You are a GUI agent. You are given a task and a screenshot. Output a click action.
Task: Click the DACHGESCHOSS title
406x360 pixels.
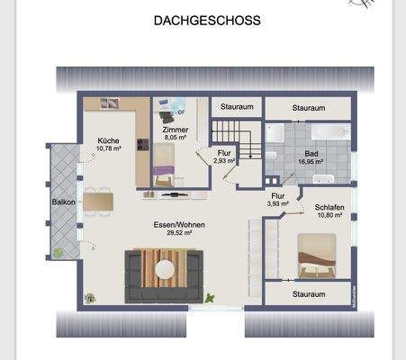click(207, 19)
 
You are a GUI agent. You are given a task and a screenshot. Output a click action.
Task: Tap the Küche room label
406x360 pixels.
click(109, 139)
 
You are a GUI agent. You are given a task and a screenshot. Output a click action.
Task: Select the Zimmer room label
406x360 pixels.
click(175, 130)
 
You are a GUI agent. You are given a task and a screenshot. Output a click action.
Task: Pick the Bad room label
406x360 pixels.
click(311, 154)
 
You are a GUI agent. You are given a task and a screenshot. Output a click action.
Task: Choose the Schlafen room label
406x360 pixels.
click(329, 208)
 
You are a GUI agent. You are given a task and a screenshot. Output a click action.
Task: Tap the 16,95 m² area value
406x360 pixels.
click(311, 163)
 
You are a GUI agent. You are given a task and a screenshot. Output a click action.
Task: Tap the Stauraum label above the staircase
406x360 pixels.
click(236, 106)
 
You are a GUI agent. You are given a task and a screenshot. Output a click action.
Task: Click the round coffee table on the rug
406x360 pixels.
click(167, 267)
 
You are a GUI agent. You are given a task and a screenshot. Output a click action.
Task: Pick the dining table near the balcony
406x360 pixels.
click(100, 201)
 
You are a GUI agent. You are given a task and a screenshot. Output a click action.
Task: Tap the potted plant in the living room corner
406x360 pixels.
click(90, 297)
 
